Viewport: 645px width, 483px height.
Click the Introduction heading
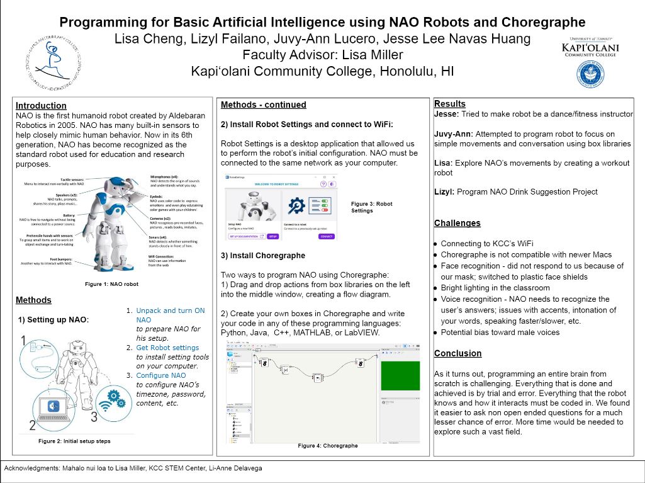41,106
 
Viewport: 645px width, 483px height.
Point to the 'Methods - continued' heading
264,105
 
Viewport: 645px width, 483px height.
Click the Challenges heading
457,223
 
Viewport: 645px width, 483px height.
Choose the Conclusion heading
457,353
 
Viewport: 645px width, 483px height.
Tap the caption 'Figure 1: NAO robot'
112,285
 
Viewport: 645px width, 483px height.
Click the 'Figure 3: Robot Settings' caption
371,207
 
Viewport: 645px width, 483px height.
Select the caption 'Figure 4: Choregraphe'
327,446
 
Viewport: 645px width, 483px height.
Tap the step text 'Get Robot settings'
167,348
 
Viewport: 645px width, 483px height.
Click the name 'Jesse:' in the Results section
447,115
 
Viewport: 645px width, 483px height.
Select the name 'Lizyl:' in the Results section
446,191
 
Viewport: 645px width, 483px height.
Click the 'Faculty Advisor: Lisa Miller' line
322,55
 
